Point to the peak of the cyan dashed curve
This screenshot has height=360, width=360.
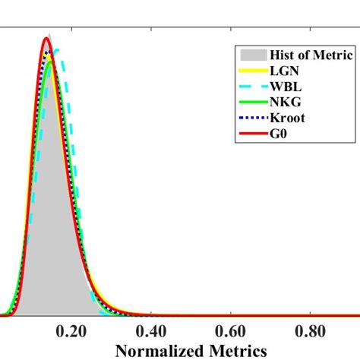pyautogui.click(x=55, y=51)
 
